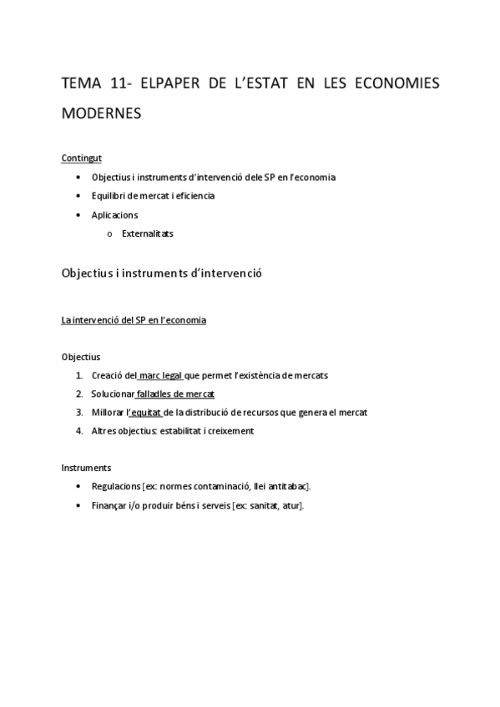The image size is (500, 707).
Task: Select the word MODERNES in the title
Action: [102, 113]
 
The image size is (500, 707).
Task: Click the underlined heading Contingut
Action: [82, 158]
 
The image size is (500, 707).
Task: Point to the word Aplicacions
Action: [115, 215]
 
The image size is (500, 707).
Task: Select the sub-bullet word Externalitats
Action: [148, 234]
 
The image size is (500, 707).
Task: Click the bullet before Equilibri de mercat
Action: [78, 196]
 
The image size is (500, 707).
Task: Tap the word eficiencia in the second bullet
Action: [193, 196]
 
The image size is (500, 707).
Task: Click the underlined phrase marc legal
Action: [162, 375]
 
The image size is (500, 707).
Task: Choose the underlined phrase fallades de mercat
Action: [175, 394]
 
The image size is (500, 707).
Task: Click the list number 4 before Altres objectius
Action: [78, 431]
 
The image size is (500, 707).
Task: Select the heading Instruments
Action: [86, 467]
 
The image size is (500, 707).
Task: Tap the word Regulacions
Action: [116, 486]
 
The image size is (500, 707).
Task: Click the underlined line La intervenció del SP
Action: [134, 320]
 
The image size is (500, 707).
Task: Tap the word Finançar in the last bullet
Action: [109, 505]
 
